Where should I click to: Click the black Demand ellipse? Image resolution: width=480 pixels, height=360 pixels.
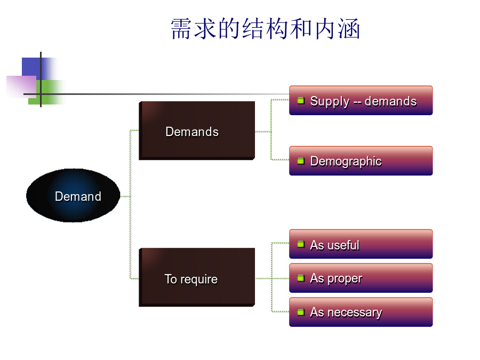[x=73, y=195]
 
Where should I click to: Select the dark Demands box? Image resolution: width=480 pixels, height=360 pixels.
[x=197, y=131]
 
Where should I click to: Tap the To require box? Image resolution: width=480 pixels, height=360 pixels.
[x=197, y=277]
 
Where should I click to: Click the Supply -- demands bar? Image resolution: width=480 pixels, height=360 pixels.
[x=361, y=100]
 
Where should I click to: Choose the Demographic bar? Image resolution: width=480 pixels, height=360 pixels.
[x=361, y=161]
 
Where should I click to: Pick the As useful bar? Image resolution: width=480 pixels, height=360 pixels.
[x=361, y=244]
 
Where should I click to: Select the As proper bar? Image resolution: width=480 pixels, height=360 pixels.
[x=361, y=278]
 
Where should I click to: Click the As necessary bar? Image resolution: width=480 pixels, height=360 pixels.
[x=361, y=312]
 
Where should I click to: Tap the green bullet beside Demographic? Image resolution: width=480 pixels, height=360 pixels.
[x=301, y=161]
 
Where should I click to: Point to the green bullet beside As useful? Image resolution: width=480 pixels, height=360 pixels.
[x=301, y=244]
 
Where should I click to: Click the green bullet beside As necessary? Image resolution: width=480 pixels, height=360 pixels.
[x=301, y=312]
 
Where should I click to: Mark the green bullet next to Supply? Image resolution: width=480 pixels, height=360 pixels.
[x=301, y=100]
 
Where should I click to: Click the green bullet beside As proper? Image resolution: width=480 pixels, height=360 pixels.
[x=301, y=278]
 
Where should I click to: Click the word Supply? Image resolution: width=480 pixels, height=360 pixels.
[x=330, y=102]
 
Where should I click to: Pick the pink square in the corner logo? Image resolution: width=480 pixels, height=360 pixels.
[x=21, y=86]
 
